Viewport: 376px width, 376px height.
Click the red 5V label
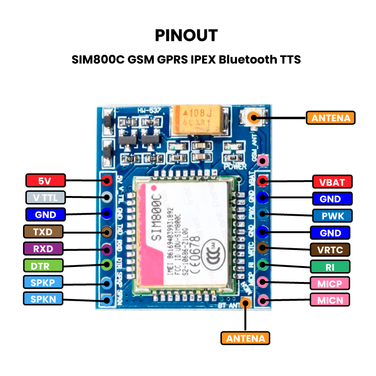(x=45, y=180)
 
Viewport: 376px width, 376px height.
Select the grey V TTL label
(x=45, y=197)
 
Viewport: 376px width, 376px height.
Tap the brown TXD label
(x=45, y=232)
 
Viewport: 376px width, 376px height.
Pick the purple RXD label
(x=45, y=249)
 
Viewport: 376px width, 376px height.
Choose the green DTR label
(x=45, y=266)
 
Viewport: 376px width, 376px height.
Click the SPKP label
(x=45, y=282)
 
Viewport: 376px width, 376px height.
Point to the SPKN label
(x=45, y=299)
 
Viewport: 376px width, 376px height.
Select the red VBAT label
(x=332, y=182)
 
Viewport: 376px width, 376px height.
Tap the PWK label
(x=332, y=216)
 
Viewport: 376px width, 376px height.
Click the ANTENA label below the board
(x=245, y=338)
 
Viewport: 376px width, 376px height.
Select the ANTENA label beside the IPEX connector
(x=330, y=117)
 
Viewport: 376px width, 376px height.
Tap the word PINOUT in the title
(x=187, y=35)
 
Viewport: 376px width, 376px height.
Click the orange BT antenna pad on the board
(x=245, y=303)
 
